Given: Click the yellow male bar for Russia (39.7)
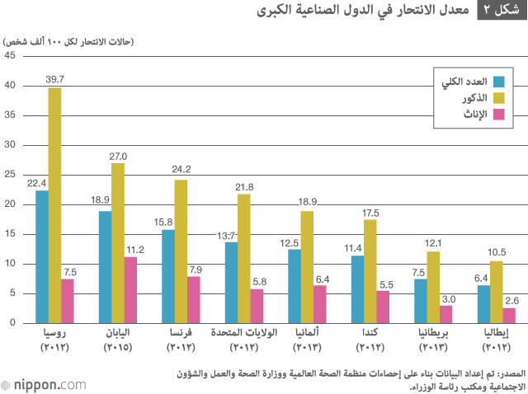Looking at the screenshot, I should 54,205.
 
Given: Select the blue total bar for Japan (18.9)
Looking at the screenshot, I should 105,267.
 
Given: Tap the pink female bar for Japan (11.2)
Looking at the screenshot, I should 130,289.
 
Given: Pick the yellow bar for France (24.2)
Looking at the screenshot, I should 181,251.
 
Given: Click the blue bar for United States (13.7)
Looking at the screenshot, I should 231,282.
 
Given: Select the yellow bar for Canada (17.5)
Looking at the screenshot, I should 370,271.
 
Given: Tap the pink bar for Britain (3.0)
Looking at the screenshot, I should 445,314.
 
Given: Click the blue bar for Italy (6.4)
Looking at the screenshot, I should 483,304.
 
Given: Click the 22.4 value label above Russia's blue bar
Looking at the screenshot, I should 37,183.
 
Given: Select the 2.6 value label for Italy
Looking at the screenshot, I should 511,301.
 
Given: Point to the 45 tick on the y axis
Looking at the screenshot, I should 10,56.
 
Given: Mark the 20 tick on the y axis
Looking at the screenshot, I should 10,204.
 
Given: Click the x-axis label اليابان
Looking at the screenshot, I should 116,335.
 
